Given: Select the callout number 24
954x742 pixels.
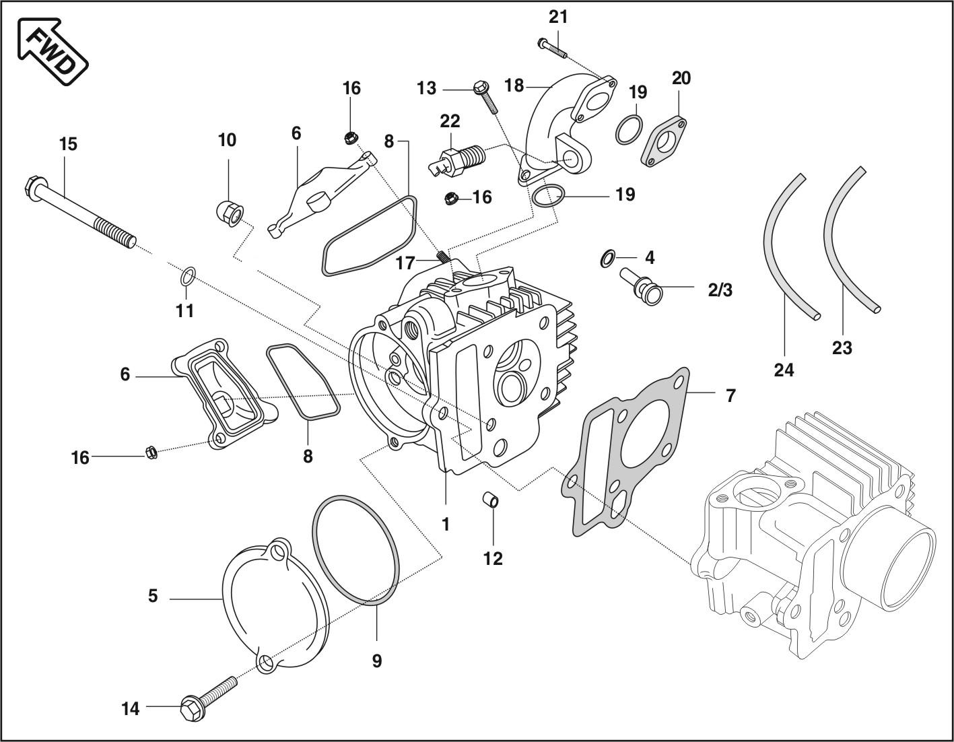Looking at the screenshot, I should tap(784, 370).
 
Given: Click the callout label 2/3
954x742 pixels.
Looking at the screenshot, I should tap(720, 290).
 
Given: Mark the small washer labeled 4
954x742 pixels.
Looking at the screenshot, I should tap(607, 258).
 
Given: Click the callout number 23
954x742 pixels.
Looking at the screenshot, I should tap(842, 347).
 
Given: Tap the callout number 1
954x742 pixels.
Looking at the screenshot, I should tap(445, 523).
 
